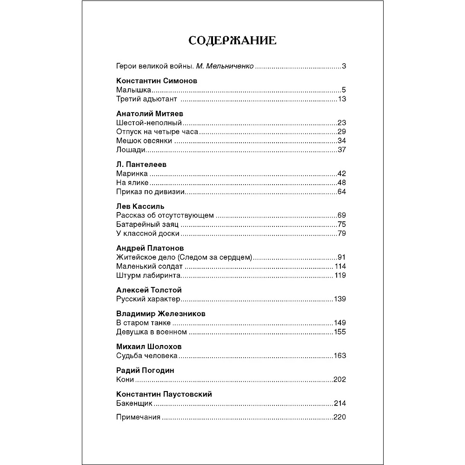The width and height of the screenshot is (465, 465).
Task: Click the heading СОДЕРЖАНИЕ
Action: (232, 40)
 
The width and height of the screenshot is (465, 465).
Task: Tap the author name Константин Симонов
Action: (156, 80)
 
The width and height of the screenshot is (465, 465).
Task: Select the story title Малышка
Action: (134, 90)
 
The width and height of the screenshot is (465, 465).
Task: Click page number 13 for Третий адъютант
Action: (342, 99)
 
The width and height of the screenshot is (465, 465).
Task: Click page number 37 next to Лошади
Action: (342, 150)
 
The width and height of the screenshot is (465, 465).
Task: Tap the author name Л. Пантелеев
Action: (141, 164)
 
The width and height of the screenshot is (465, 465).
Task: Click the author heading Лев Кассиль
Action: (140, 206)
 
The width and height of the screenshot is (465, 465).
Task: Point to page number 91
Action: (342, 257)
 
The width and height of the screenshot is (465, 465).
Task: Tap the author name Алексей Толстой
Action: (149, 290)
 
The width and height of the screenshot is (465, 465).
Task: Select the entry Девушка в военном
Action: (151, 332)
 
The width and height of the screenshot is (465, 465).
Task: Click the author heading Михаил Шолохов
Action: (149, 346)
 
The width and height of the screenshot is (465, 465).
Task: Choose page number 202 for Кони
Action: (340, 379)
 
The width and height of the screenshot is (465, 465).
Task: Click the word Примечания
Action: (138, 417)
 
